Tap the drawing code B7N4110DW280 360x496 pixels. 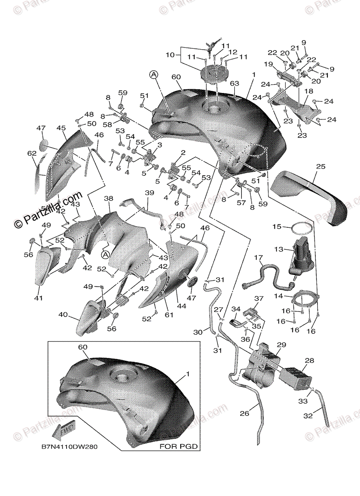(69, 447)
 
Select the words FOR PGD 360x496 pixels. (179, 446)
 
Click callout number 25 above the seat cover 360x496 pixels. (321, 167)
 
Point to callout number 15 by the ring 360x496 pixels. (276, 227)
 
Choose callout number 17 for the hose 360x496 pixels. (258, 258)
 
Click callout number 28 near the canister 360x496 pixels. (309, 361)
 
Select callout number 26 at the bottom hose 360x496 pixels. (244, 413)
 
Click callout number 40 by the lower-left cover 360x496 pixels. (63, 315)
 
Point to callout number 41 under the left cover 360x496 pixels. (39, 298)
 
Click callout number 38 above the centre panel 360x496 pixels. (108, 198)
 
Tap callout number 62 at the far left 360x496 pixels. (32, 153)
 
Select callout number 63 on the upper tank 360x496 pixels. (235, 83)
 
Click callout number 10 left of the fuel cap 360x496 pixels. (170, 54)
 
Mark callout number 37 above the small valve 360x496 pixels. (259, 298)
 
